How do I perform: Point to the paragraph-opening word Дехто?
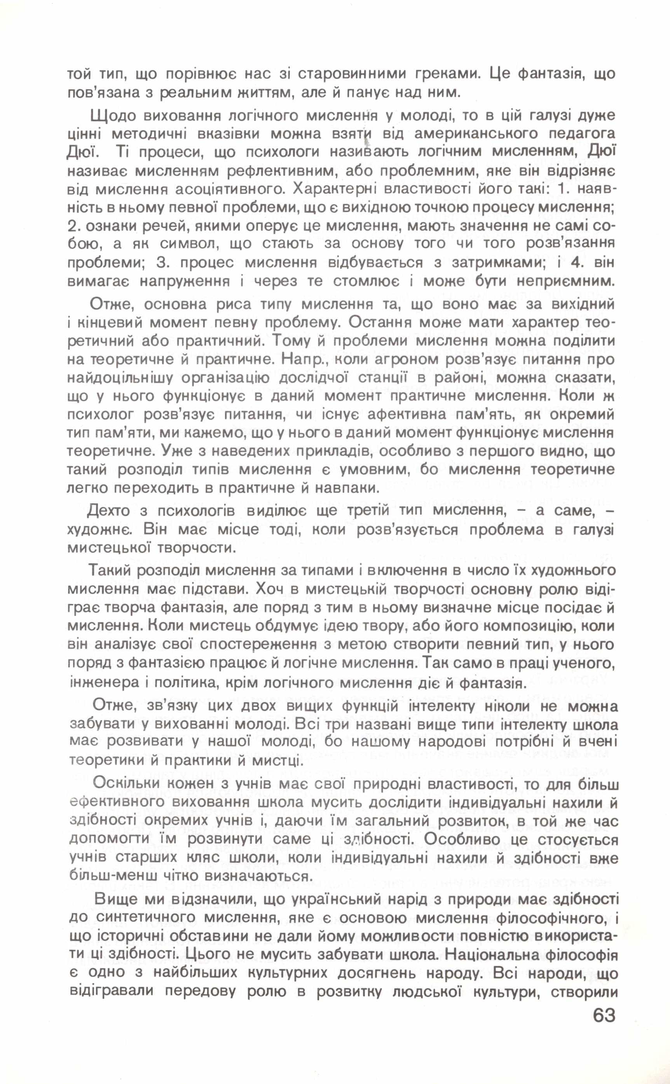(109, 511)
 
